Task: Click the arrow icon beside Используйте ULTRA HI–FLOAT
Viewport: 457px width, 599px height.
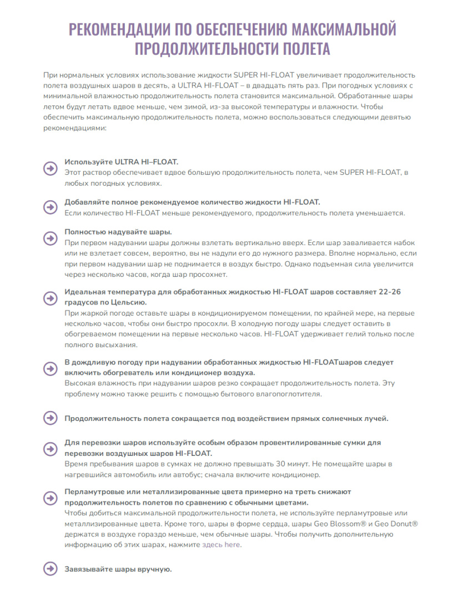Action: pos(50,168)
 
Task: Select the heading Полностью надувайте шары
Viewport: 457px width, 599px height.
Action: pos(118,232)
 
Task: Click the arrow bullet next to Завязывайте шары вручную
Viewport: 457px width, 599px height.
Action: pos(50,569)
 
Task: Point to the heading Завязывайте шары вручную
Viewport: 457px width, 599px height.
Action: pos(118,569)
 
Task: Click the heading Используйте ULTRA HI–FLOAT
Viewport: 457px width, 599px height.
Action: pos(122,162)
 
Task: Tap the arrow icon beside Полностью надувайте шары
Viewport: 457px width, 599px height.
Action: pos(50,238)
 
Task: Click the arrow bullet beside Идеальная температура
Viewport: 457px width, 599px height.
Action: pos(50,297)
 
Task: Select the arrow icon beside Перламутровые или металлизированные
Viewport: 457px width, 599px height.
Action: pos(50,498)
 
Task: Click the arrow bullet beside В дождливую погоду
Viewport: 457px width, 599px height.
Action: pos(50,368)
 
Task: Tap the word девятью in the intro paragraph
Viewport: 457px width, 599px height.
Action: pos(395,116)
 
